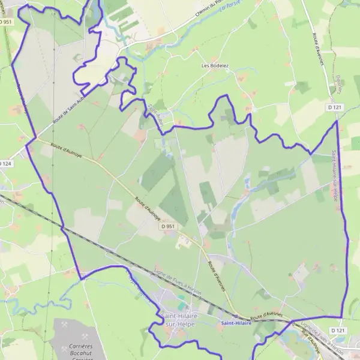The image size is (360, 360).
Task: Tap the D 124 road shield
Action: [5, 163]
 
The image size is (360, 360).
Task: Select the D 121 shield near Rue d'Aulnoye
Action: [338, 330]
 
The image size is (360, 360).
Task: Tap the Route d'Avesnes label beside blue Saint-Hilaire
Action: [265, 315]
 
